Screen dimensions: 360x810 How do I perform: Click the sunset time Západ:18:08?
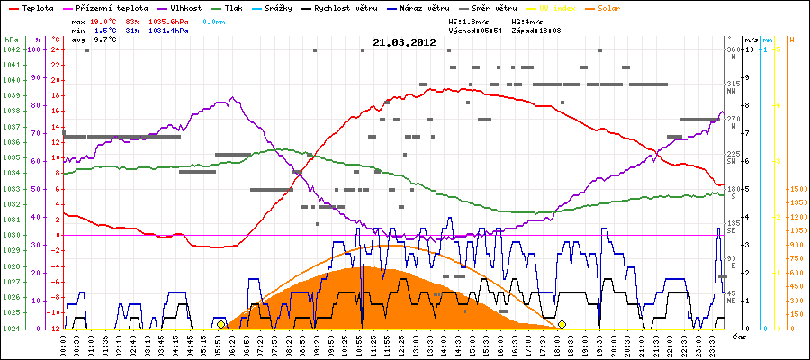[x=535, y=30]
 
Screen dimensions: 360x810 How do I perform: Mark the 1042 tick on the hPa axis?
[x=11, y=49]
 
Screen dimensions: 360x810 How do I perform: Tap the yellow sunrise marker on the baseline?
[x=220, y=324]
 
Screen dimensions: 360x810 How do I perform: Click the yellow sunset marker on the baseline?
[x=562, y=324]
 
